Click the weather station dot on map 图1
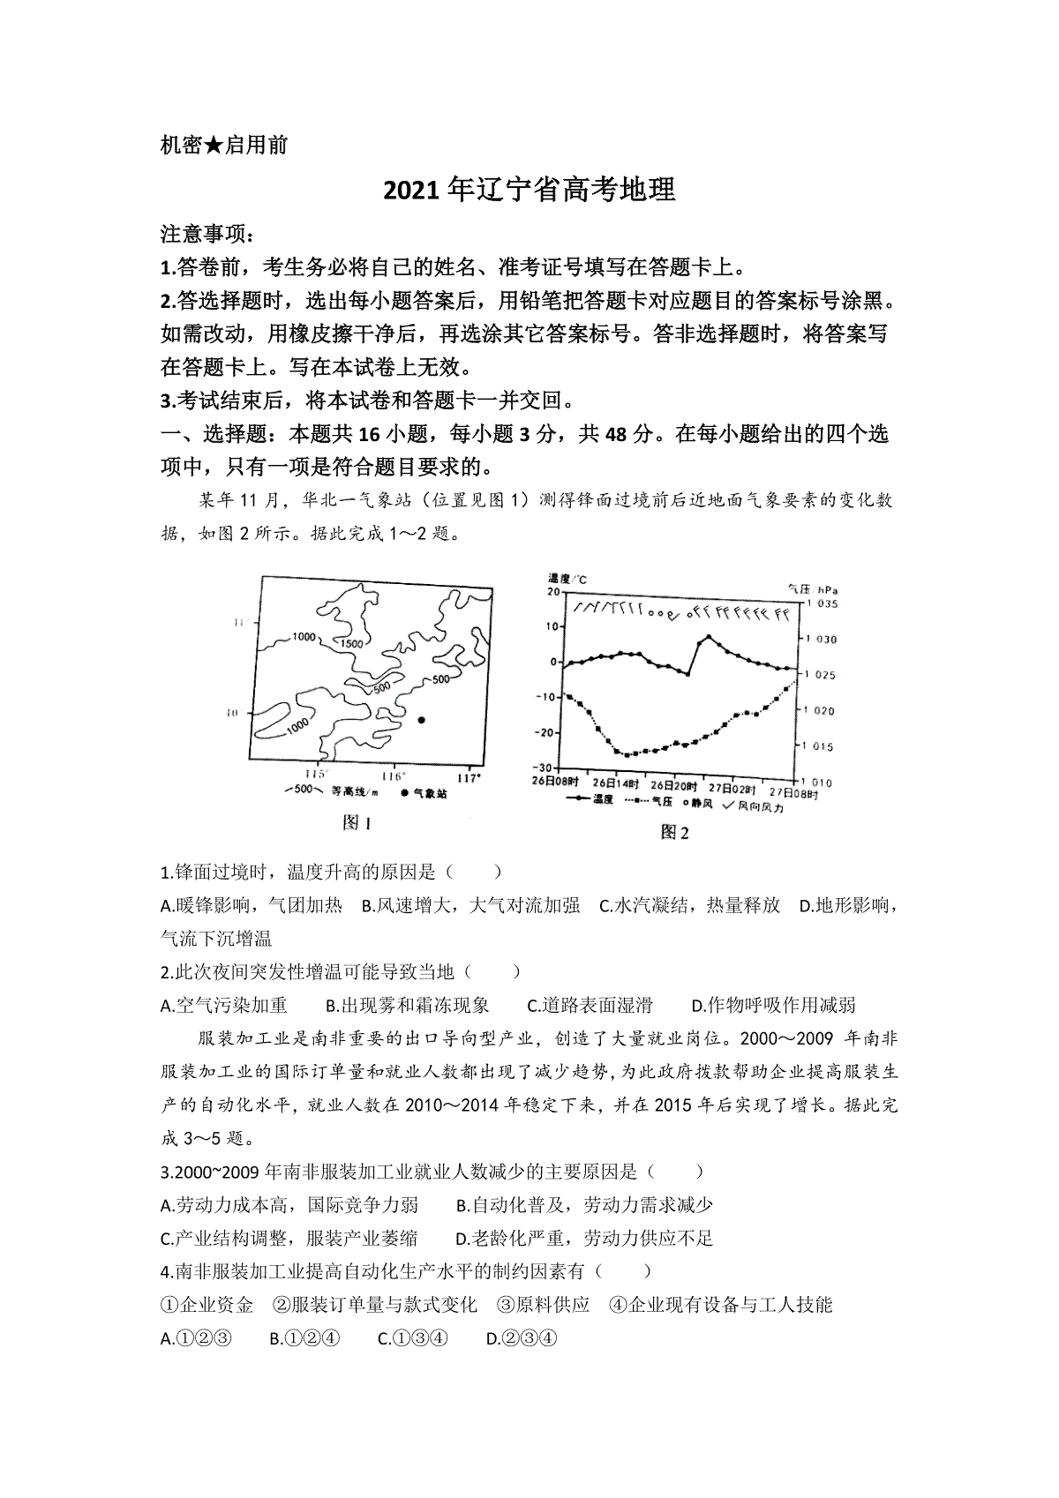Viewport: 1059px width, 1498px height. pos(421,720)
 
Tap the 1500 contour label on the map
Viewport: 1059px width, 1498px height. pos(350,643)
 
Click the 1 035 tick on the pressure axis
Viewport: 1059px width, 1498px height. pos(819,603)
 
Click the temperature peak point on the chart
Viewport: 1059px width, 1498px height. pos(707,636)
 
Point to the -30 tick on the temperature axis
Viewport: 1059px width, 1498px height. pos(546,768)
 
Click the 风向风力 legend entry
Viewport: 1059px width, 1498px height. pos(755,805)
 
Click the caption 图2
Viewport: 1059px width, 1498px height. pos(675,832)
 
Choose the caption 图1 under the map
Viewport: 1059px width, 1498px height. pos(357,822)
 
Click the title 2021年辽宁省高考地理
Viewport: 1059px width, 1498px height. pos(529,190)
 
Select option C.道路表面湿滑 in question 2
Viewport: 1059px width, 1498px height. pos(590,1005)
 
